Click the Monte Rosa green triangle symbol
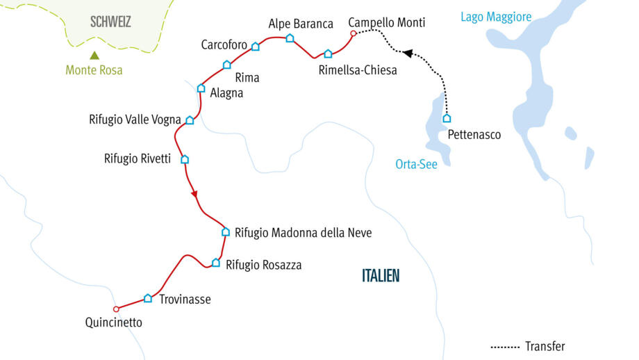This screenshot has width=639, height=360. [x=94, y=56]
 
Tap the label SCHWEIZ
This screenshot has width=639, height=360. [x=110, y=22]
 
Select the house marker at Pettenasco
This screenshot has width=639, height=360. [x=447, y=118]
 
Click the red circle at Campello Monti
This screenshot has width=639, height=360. [x=353, y=33]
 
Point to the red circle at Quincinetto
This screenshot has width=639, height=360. [x=116, y=309]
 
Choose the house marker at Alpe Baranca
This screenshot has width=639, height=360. [x=290, y=38]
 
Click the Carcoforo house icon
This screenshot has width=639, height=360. [x=255, y=47]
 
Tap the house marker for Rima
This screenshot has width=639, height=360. [x=226, y=65]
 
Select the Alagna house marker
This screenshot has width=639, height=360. [x=201, y=88]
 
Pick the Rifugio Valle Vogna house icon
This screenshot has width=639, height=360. [x=190, y=120]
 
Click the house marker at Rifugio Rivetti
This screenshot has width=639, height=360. [x=185, y=159]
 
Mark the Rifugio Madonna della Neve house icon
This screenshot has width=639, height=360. [x=225, y=232]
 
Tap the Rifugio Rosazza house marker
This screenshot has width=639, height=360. [x=216, y=263]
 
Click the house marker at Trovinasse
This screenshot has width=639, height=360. [x=147, y=298]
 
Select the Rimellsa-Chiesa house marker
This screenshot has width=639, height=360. [x=328, y=54]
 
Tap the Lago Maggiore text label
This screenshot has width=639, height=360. [x=496, y=17]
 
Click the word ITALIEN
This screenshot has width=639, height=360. [x=381, y=276]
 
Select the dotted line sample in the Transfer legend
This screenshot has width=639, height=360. [x=505, y=346]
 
